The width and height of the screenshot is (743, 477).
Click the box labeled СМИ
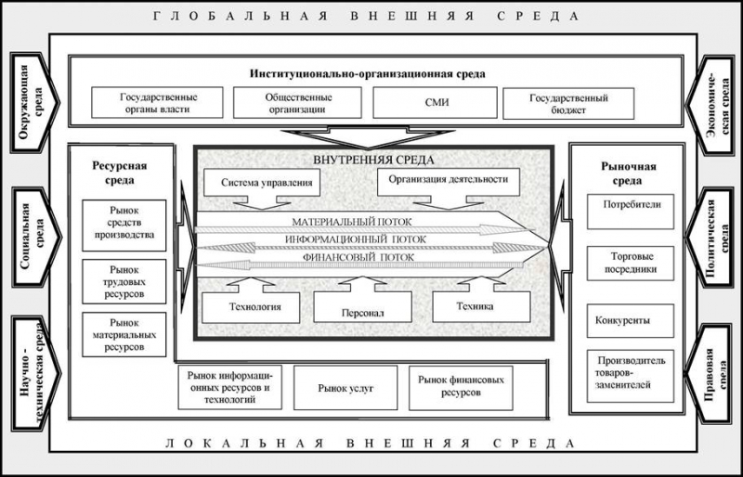click(435, 102)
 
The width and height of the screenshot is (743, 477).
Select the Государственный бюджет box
click(568, 103)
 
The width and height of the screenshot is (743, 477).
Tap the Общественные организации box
click(297, 102)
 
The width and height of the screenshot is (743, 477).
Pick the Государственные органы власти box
click(157, 102)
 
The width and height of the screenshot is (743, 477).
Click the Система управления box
click(262, 183)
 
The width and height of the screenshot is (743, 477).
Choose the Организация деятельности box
click(449, 182)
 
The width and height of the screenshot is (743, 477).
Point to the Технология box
click(251, 307)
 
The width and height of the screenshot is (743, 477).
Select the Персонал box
click(362, 307)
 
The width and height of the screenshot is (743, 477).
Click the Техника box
click(481, 307)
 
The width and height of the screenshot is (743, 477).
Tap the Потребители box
click(631, 212)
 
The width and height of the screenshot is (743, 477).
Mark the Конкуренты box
click(631, 321)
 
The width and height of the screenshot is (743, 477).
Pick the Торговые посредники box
click(631, 264)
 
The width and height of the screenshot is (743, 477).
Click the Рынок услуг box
click(345, 388)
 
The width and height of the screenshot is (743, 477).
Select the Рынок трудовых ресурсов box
click(124, 281)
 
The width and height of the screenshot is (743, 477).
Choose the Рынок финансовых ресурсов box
click(461, 388)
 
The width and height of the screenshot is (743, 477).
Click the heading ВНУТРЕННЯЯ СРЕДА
click(373, 161)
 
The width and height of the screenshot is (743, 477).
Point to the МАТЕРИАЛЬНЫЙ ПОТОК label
click(352, 222)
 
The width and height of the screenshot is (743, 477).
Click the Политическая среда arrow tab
click(710, 237)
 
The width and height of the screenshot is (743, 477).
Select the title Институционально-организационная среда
click(368, 74)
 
